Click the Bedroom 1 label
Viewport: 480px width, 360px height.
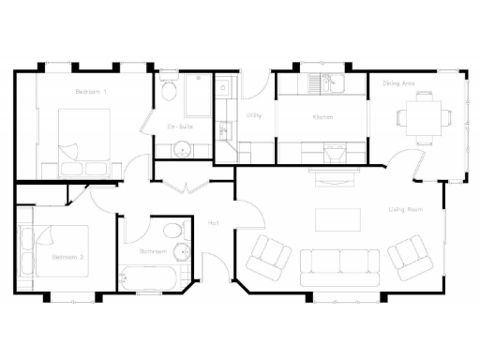(x=91, y=91)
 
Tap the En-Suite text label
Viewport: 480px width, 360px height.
(x=180, y=126)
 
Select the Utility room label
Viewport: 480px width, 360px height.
(x=253, y=115)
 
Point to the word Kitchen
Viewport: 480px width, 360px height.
(x=323, y=116)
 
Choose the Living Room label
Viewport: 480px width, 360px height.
(x=405, y=209)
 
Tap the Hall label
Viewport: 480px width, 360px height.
(x=214, y=222)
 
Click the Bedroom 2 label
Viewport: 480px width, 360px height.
(x=68, y=257)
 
